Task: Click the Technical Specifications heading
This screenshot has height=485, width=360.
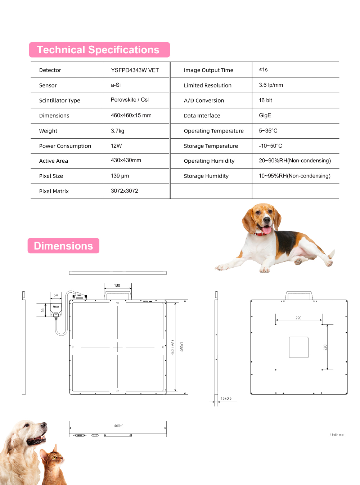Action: click(x=98, y=50)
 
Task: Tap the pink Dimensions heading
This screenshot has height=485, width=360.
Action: click(x=63, y=246)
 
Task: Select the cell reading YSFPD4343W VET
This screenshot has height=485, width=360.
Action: click(x=135, y=70)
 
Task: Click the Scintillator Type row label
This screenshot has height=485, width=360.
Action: click(x=60, y=100)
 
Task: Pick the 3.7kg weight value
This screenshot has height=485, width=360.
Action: click(x=117, y=131)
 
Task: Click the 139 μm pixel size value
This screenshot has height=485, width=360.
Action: click(x=120, y=176)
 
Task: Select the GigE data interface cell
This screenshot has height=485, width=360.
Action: click(x=265, y=115)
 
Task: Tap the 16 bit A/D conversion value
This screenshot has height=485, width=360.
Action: click(x=265, y=100)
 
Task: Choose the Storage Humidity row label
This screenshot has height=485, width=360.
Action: click(x=206, y=176)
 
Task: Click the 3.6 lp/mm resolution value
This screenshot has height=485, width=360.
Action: click(x=271, y=85)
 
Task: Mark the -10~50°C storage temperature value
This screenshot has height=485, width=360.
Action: click(x=270, y=146)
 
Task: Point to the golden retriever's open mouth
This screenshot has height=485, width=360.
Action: click(x=37, y=440)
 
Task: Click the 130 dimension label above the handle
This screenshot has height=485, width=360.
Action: click(x=117, y=285)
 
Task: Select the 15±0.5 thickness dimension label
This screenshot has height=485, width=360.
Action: click(x=226, y=399)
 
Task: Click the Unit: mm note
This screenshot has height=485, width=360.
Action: click(x=338, y=435)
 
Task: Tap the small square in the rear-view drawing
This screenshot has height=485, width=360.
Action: click(x=299, y=347)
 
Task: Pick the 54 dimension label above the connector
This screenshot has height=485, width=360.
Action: click(x=56, y=295)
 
